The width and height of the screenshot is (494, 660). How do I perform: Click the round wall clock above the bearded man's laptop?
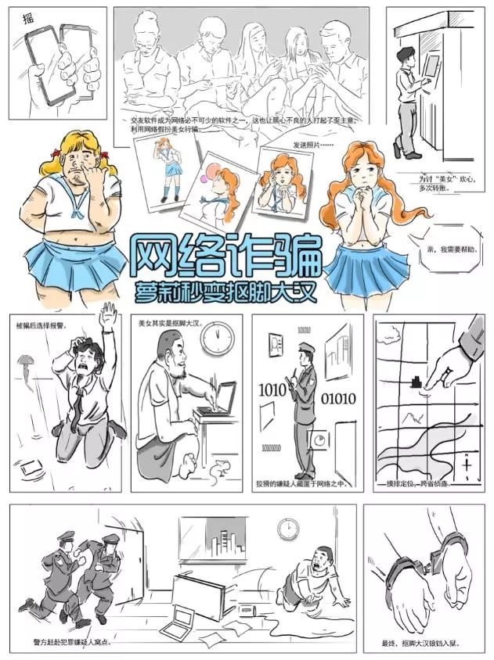[x=217, y=338]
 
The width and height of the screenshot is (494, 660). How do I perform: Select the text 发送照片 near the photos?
[x=312, y=145]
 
